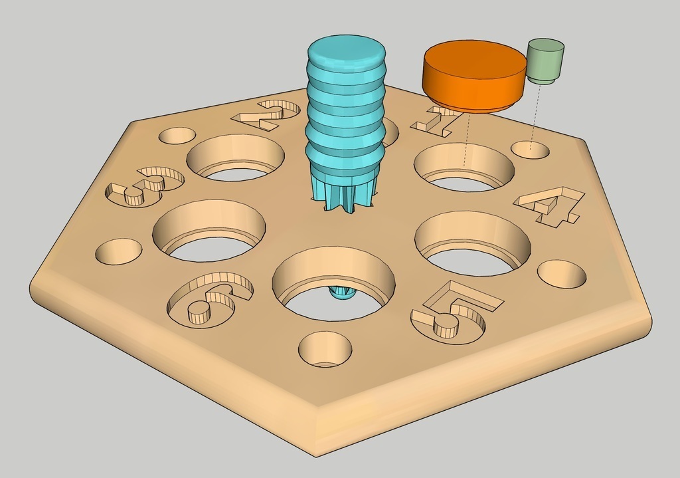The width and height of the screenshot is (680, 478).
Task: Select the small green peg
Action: click(545, 60)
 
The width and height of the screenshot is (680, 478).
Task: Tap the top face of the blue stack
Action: click(345, 51)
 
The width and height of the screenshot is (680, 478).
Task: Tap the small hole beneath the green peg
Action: click(530, 150)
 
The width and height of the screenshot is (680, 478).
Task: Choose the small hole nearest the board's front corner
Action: click(325, 349)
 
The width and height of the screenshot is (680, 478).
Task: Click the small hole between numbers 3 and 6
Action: click(119, 251)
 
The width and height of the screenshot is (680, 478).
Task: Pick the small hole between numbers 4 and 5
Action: click(561, 274)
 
